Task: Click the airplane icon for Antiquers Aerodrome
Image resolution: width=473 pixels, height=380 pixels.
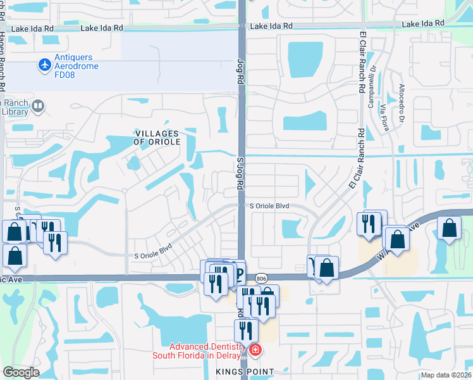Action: click(44, 64)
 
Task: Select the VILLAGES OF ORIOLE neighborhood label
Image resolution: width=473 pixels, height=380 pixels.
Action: click(157, 137)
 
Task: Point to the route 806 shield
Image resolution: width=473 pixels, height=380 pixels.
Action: click(260, 278)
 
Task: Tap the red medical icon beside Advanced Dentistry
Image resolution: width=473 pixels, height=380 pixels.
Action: click(255, 350)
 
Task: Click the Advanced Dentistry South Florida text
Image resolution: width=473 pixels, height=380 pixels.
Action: click(202, 351)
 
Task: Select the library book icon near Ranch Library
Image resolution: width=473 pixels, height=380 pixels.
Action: click(38, 106)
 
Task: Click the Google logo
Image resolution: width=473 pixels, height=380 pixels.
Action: click(21, 372)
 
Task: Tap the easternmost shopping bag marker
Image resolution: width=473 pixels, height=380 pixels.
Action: click(449, 228)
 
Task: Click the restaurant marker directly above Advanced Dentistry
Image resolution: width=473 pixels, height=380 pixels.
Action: click(246, 330)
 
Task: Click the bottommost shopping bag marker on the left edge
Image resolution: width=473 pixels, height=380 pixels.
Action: click(15, 255)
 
